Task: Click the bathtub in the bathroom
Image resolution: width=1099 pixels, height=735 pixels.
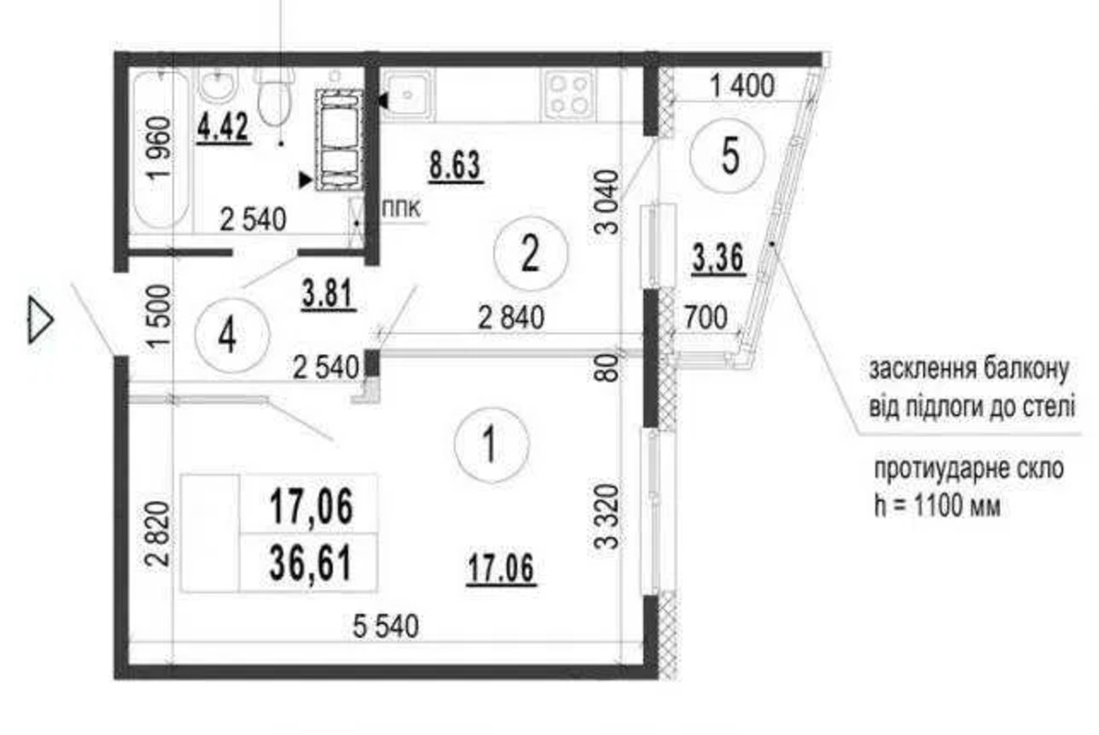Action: pyautogui.click(x=161, y=149)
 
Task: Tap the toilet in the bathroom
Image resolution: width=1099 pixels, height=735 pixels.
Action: pyautogui.click(x=275, y=95)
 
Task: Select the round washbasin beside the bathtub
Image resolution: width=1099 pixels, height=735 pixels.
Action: pyautogui.click(x=219, y=86)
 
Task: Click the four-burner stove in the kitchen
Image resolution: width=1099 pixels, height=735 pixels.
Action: pyautogui.click(x=569, y=94)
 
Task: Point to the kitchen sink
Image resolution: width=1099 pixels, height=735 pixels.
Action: pyautogui.click(x=408, y=93)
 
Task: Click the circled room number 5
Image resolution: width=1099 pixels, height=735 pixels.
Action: pyautogui.click(x=727, y=156)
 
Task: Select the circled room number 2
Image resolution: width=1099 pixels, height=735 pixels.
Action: pyautogui.click(x=530, y=254)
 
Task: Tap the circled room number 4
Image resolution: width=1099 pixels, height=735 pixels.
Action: pyautogui.click(x=233, y=335)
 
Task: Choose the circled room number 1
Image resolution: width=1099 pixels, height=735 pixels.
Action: pyautogui.click(x=492, y=444)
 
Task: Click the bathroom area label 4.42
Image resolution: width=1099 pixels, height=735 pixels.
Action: pyautogui.click(x=223, y=128)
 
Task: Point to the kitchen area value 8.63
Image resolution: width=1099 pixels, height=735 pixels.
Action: pyautogui.click(x=455, y=167)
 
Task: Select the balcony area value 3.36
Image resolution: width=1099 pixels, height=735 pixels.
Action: pyautogui.click(x=718, y=258)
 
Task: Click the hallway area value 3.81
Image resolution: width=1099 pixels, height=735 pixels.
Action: pyautogui.click(x=329, y=295)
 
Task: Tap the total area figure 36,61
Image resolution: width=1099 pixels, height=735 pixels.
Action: pyautogui.click(x=311, y=564)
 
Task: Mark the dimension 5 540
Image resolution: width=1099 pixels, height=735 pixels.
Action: pyautogui.click(x=386, y=626)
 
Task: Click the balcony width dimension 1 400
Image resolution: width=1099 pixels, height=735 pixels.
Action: pyautogui.click(x=743, y=85)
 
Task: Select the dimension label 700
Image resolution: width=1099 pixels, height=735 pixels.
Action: pyautogui.click(x=705, y=317)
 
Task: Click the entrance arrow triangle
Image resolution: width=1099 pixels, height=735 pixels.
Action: pyautogui.click(x=40, y=319)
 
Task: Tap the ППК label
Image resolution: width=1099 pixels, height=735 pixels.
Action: pyautogui.click(x=401, y=210)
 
